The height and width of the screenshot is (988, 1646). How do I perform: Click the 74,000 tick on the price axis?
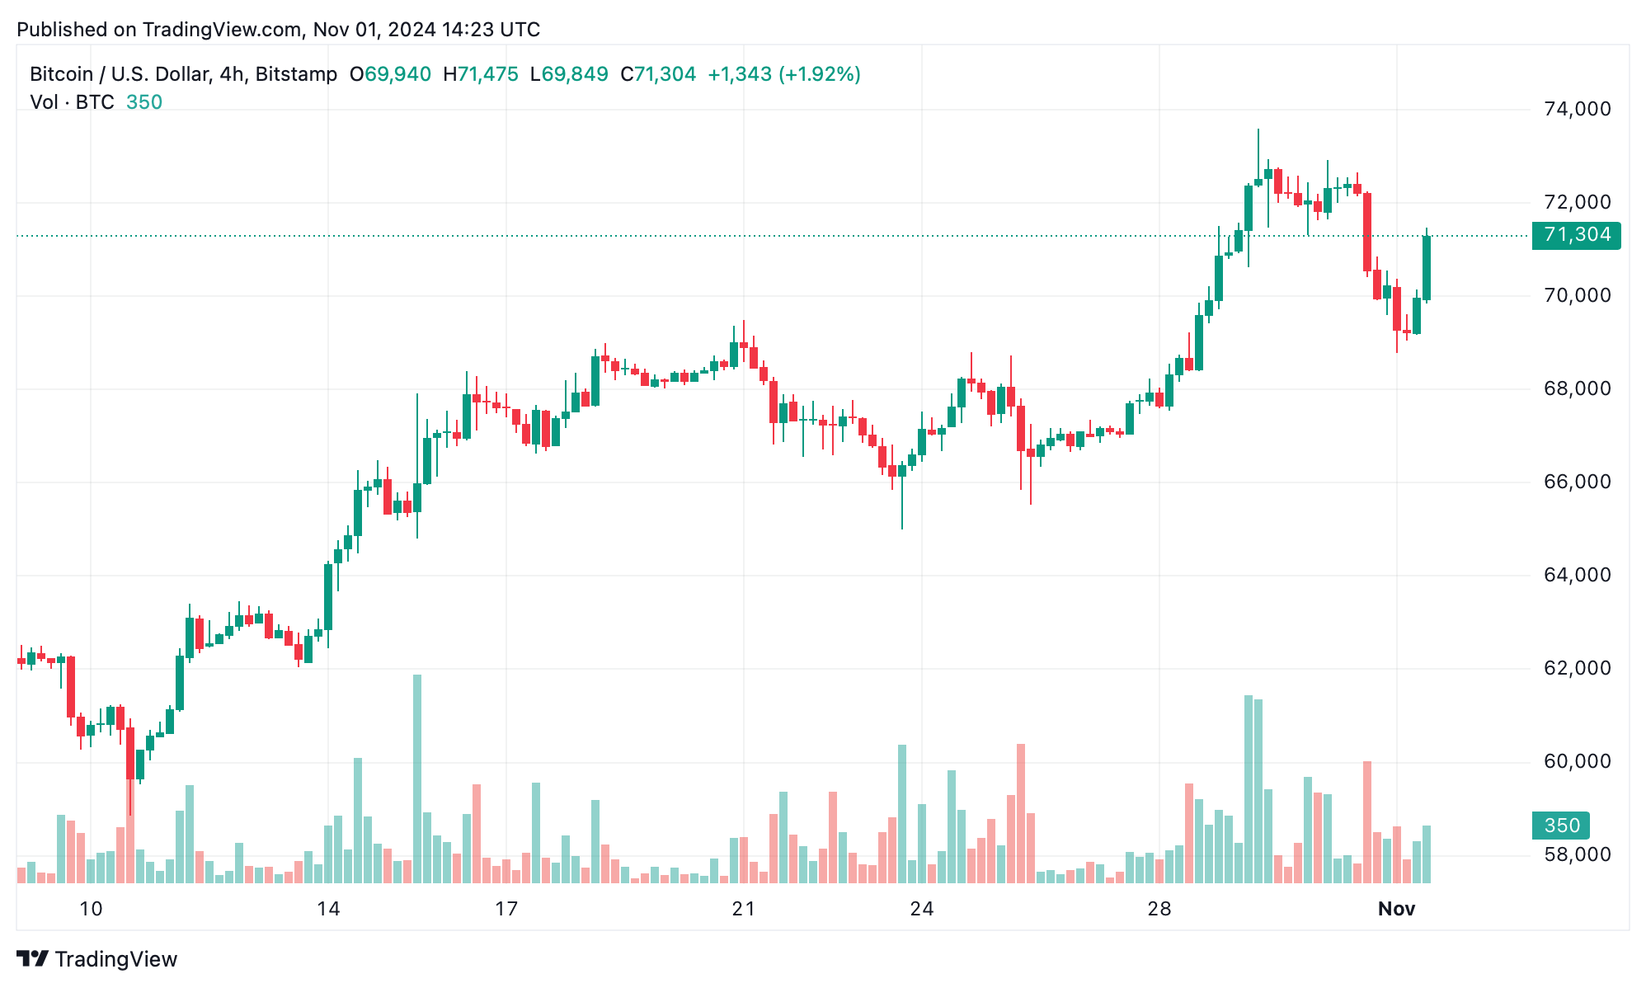click(x=1577, y=109)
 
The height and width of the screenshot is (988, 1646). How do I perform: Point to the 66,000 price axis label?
click(x=1577, y=482)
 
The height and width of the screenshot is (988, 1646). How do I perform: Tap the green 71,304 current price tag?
click(x=1576, y=235)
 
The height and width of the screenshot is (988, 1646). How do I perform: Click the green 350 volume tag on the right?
click(x=1561, y=826)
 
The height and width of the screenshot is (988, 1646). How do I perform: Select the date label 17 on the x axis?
click(x=506, y=909)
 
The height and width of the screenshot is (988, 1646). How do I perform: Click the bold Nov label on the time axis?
click(x=1396, y=909)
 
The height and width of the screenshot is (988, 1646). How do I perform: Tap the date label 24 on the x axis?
click(x=921, y=909)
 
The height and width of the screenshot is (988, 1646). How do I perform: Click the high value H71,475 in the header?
click(x=481, y=74)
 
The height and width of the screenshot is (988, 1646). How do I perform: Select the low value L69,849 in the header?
click(x=569, y=74)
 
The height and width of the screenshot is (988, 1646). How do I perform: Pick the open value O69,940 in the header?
click(x=390, y=74)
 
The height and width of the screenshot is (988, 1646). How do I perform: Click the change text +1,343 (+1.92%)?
click(x=783, y=74)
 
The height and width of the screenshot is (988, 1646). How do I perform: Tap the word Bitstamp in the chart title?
click(x=296, y=74)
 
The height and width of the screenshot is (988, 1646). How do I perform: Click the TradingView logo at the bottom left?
click(x=97, y=959)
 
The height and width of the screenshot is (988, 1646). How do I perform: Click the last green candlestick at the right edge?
click(x=1427, y=268)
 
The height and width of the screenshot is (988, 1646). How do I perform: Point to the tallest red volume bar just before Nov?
click(x=1367, y=822)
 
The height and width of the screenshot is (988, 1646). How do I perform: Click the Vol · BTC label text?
click(x=73, y=102)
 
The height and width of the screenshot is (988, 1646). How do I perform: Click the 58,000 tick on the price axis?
click(x=1577, y=854)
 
